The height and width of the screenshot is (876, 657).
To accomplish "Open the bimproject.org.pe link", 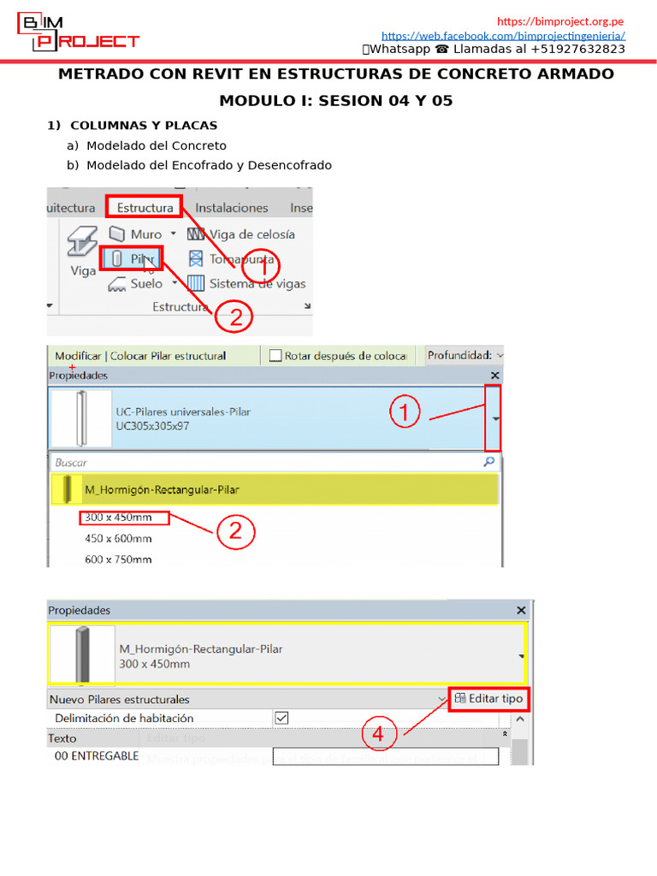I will [x=560, y=21].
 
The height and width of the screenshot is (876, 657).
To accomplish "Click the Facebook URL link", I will [x=503, y=36].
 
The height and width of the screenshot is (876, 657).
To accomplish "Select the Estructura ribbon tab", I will [x=145, y=208].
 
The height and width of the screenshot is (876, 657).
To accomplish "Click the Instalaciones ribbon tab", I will [x=231, y=208].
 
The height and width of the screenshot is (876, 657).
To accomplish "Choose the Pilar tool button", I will [x=132, y=258].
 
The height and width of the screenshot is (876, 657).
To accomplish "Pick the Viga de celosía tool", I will [x=241, y=234].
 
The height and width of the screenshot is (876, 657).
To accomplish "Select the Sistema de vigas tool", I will [x=246, y=283].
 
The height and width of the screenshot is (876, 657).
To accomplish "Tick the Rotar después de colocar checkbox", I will [x=275, y=355].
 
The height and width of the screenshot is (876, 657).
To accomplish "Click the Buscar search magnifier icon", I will [x=489, y=462].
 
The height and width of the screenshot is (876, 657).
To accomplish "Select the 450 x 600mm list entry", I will [x=118, y=539].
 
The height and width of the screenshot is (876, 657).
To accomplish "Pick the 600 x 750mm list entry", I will [x=118, y=559].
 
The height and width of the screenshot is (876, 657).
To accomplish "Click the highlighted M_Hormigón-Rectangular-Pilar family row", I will [x=274, y=489].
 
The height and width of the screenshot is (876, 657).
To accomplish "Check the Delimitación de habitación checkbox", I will [x=281, y=719].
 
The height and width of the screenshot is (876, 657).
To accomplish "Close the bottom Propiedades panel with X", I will [x=521, y=611].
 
